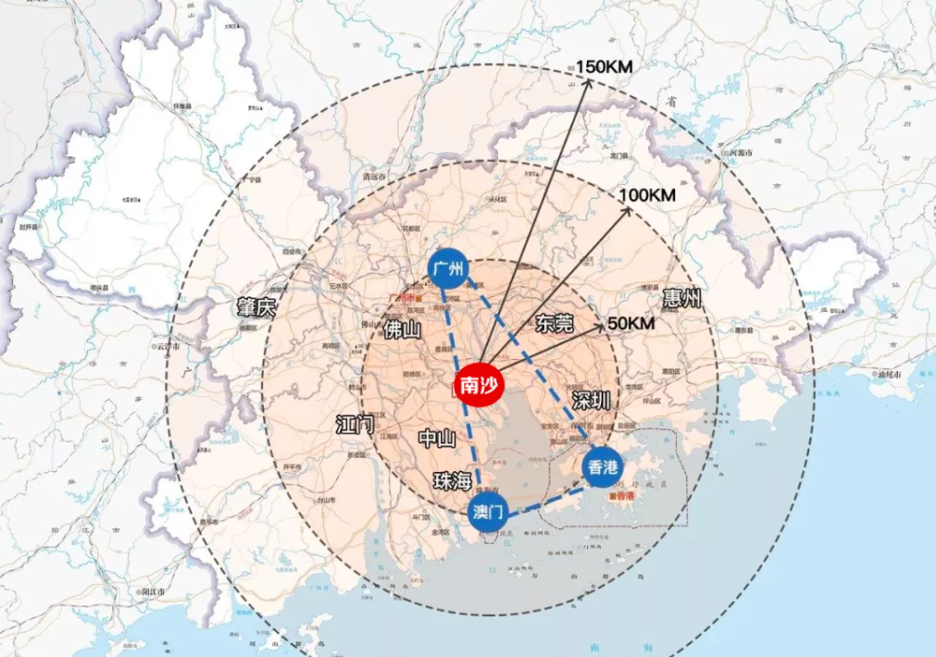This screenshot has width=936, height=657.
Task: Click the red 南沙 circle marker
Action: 478,387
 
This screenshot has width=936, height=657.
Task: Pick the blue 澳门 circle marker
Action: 487,511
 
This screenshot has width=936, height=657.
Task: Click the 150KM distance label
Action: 605,67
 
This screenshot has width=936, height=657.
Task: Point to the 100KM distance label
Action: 648,195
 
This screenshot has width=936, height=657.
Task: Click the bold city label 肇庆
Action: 256,308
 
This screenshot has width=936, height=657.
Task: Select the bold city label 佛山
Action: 403,330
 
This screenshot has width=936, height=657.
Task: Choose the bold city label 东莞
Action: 555,323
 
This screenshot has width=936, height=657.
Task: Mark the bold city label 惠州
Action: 682,298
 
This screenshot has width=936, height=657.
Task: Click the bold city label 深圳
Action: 591,401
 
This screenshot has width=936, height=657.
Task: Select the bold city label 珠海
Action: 453,481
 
